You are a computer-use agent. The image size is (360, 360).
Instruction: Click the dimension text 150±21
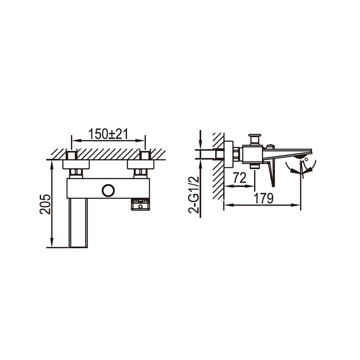[x=108, y=134]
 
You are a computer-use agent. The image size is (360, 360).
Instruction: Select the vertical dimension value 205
[x=45, y=204]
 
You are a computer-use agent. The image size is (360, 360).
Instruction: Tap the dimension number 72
[x=240, y=177]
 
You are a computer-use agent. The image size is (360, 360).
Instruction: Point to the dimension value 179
[x=264, y=198]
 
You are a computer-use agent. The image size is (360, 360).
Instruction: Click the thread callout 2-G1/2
[x=193, y=195]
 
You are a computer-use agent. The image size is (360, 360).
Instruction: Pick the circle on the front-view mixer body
[x=108, y=190]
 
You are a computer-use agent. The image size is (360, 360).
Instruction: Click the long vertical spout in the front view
[x=78, y=223]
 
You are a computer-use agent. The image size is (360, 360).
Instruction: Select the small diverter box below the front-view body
[x=140, y=205]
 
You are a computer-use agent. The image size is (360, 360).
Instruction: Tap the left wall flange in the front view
[x=76, y=164]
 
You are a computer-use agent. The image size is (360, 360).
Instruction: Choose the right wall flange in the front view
[x=140, y=164]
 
